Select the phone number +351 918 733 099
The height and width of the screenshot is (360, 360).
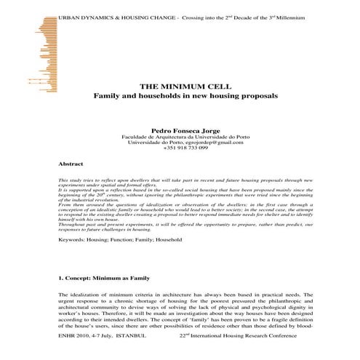[x=181, y=149]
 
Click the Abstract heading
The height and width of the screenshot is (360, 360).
[x=71, y=165]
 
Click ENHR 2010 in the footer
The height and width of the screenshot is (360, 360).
[x=71, y=337]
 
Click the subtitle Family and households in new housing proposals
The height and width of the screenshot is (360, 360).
[x=180, y=96]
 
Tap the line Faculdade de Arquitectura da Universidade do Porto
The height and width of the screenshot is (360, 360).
[x=181, y=136]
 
